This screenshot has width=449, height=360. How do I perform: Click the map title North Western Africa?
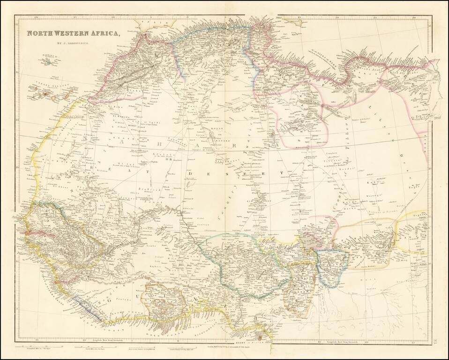point(73,33)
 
